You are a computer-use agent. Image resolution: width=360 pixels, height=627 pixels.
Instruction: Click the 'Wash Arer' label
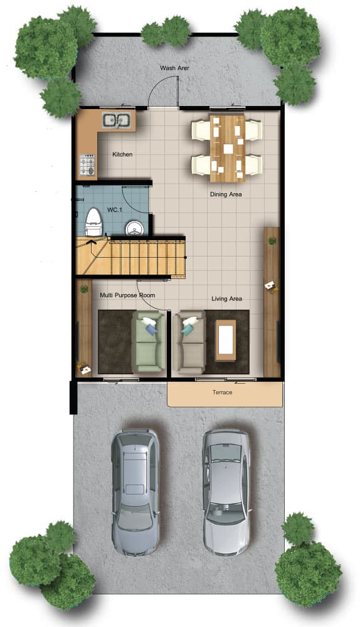coord(174,68)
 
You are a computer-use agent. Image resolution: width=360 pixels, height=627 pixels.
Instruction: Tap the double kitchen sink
coord(116,120)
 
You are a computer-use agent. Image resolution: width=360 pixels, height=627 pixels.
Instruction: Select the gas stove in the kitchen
coord(87,165)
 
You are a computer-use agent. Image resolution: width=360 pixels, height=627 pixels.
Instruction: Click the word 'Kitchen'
coord(122,154)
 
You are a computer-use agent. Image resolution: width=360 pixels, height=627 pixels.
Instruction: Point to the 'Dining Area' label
coord(226,194)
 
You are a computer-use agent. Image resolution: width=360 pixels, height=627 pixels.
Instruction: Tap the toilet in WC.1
coord(93,221)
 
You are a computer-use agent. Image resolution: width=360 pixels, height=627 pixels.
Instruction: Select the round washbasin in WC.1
coord(134,228)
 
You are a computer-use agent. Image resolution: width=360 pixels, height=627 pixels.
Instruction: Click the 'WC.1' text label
coord(114,209)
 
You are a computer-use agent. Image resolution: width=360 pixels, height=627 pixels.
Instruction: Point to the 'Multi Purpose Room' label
coord(127,295)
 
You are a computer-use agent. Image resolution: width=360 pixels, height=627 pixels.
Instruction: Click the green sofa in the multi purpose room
coord(149,342)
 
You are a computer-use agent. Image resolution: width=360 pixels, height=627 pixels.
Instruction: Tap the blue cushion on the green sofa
coord(151,329)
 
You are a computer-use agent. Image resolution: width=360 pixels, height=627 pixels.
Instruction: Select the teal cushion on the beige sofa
coord(187,329)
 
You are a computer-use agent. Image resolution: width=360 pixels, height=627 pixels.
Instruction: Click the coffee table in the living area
coord(226,340)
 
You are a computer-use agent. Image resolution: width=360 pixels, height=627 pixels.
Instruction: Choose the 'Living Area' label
coord(227,298)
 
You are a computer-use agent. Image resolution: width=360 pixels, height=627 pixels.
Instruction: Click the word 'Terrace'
coord(223,393)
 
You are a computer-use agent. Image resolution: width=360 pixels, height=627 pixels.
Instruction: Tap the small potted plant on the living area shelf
coord(272,241)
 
